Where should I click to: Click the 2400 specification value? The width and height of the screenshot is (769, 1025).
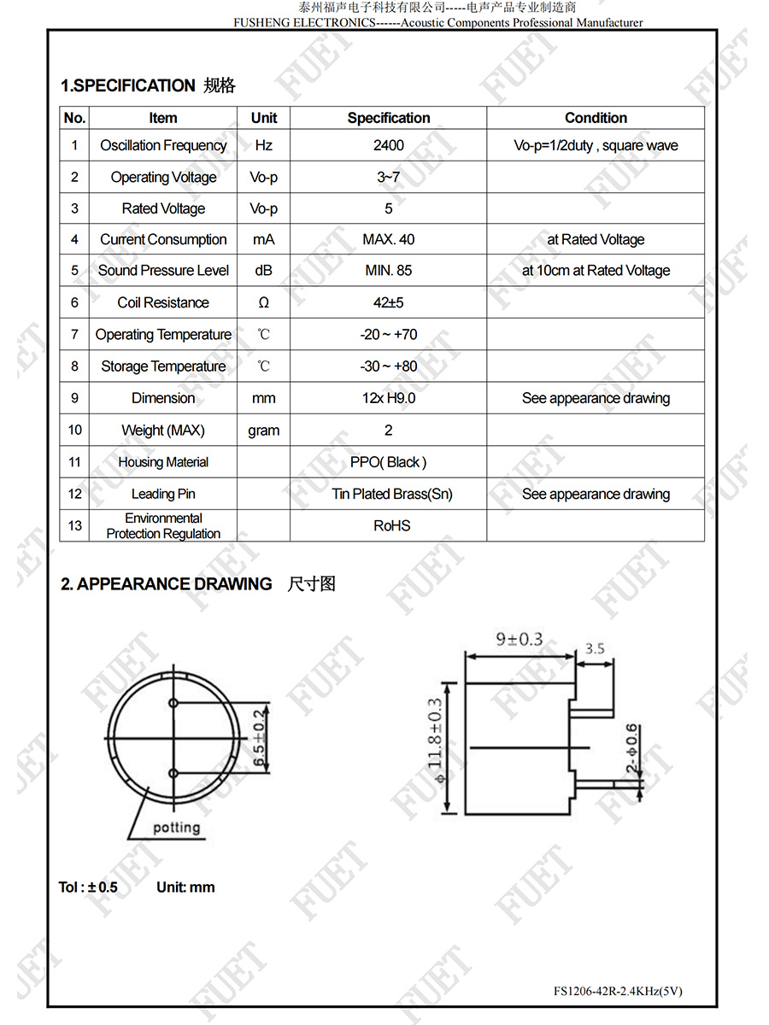[x=388, y=145]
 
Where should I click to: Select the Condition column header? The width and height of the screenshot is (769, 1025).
[x=596, y=118]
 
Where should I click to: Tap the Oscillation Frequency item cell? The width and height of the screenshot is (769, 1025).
[x=163, y=145]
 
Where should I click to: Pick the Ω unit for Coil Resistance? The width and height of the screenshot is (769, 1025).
[x=263, y=302]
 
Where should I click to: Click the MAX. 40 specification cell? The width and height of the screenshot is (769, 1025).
[x=388, y=239]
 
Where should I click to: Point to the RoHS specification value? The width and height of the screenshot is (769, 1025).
[x=391, y=525]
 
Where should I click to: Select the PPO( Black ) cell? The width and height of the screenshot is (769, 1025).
[x=388, y=462]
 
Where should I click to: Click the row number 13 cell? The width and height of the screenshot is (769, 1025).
[x=74, y=525]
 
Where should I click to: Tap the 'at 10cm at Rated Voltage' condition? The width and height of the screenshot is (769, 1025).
[x=596, y=271]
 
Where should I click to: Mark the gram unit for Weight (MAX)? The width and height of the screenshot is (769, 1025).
[x=263, y=430]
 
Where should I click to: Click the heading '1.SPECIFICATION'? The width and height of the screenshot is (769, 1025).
[x=128, y=85]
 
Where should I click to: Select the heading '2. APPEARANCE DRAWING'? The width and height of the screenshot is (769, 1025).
[x=167, y=584]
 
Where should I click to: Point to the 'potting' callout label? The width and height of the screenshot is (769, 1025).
[x=177, y=827]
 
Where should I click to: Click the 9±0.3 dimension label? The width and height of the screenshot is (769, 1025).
[x=520, y=639]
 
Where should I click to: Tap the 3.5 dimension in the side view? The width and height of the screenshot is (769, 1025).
[x=595, y=648]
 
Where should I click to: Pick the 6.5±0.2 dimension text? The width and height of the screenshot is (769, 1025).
[x=258, y=737]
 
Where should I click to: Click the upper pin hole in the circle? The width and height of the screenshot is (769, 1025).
[x=173, y=703]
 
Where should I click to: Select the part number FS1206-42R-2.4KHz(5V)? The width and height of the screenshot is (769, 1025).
[x=618, y=991]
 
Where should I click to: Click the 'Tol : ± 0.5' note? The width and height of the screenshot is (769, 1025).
[x=88, y=887]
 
